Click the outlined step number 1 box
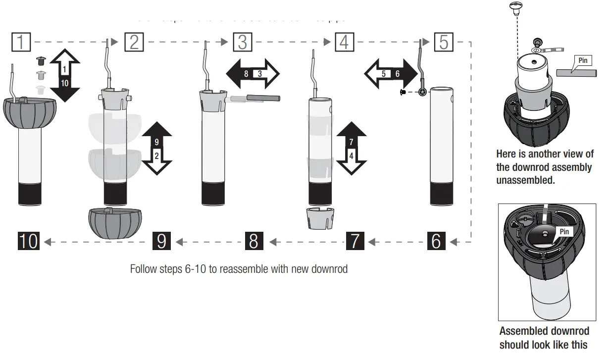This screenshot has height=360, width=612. (20, 42)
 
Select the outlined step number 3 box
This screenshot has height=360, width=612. (243, 42)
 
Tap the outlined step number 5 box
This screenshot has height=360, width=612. (444, 42)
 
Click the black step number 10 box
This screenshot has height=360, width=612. (28, 241)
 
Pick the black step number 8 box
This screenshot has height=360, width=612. (254, 241)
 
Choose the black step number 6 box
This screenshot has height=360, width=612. (436, 241)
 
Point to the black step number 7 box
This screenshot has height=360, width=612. (355, 241)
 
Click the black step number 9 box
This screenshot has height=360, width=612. (161, 241)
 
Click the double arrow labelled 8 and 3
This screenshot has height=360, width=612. (253, 73)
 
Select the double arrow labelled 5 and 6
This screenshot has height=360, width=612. (391, 73)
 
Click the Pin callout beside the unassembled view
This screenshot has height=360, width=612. (583, 61)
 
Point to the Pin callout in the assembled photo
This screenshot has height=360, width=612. (563, 232)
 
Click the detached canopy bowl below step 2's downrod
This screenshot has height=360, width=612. (114, 223)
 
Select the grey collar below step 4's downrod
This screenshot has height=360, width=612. (319, 218)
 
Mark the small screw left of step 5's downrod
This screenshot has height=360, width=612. (404, 92)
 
